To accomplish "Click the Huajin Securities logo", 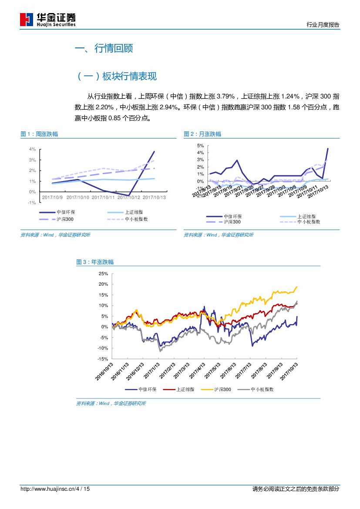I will point(48,19).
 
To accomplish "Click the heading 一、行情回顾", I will point(104,48).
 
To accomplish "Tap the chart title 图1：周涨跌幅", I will point(39,134).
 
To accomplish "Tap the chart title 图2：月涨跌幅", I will point(202,134).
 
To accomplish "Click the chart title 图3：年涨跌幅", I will point(95,262).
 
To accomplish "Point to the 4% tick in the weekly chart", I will point(32,149).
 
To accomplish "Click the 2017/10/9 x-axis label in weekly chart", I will point(52,197).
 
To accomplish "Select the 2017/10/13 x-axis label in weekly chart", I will point(155,197).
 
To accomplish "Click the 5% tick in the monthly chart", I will point(200,145).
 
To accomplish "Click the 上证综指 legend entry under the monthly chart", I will point(306,216).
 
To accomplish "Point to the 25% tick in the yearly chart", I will point(103,273).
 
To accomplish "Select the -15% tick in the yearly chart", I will point(103,359).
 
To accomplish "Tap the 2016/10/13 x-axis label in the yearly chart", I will point(105,371).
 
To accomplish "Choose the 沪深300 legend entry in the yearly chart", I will point(222,390).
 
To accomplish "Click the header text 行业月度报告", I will point(323,25).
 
